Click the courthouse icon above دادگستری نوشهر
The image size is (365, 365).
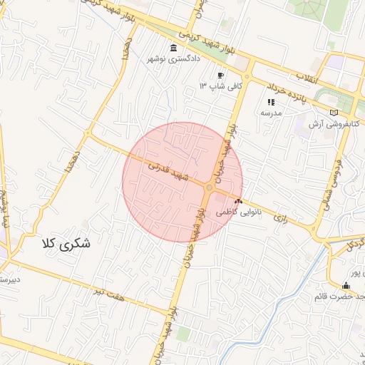click(x=174, y=48)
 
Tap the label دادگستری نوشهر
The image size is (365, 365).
click(x=174, y=59)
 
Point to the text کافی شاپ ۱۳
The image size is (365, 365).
click(x=221, y=86)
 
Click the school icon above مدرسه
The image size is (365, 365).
click(x=271, y=103)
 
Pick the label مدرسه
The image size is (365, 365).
click(x=271, y=113)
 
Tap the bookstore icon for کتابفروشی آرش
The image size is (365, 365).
click(x=334, y=113)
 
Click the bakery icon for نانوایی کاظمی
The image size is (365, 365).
click(x=237, y=202)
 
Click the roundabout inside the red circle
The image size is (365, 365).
click(x=208, y=188)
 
